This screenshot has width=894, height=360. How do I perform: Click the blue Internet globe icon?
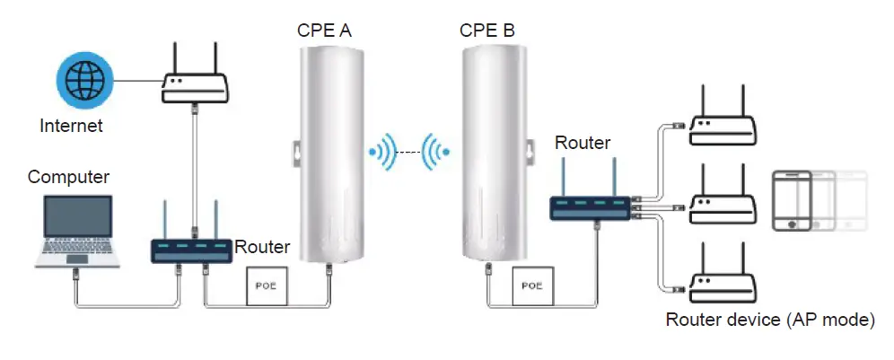click(x=86, y=82)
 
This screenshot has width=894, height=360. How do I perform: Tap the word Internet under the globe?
click(x=71, y=126)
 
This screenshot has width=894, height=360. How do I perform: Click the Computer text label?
click(x=68, y=177)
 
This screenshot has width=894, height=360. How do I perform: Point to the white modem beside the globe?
click(x=192, y=75)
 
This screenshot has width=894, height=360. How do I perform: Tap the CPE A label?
click(x=324, y=31)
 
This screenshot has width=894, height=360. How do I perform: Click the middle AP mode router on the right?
click(x=723, y=203)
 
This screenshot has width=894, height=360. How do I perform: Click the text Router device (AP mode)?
click(x=770, y=320)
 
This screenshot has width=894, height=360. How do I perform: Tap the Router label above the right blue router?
click(x=583, y=143)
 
